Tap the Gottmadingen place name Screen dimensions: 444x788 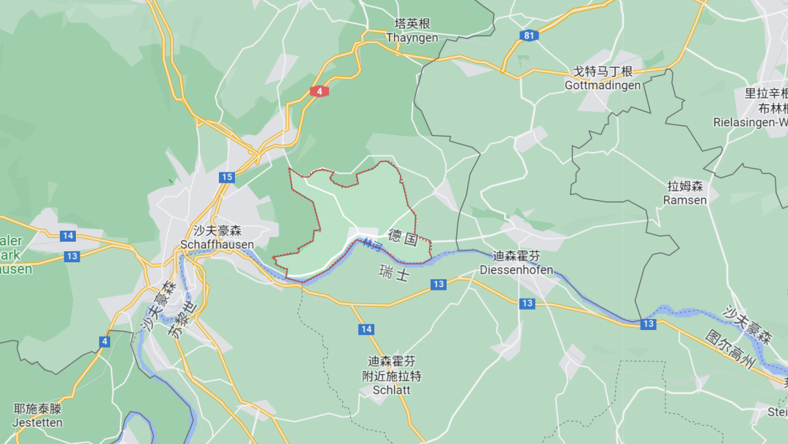click(x=603, y=85)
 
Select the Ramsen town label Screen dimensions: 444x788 click(x=685, y=200)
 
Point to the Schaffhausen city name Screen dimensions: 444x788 click(x=217, y=244)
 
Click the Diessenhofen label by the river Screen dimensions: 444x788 click(x=516, y=269)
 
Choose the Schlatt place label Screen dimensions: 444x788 click(x=391, y=390)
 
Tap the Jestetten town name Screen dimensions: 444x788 click(x=38, y=422)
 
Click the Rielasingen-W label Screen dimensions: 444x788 click(x=752, y=122)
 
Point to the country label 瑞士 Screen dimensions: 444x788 click(x=394, y=274)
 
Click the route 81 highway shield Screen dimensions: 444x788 click(x=528, y=35)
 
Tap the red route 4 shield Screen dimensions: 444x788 click(x=319, y=91)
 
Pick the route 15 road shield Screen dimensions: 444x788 click(x=227, y=177)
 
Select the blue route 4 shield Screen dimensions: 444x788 click(x=105, y=341)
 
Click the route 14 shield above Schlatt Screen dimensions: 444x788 click(x=366, y=329)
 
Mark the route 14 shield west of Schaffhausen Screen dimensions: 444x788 click(x=68, y=235)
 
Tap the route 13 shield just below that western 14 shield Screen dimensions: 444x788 click(x=72, y=256)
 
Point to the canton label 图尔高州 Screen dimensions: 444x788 click(x=729, y=350)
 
